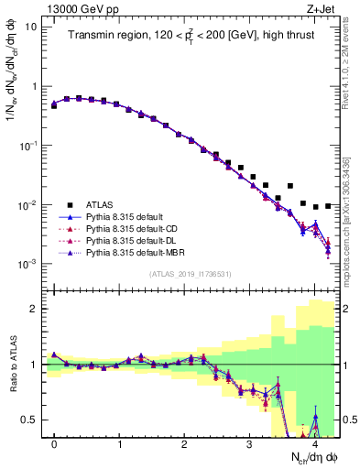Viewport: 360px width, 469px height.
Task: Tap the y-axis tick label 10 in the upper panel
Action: pos(31,27)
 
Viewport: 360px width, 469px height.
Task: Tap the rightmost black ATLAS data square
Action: pos(328,206)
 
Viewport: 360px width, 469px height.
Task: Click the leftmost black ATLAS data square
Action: pos(54,106)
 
